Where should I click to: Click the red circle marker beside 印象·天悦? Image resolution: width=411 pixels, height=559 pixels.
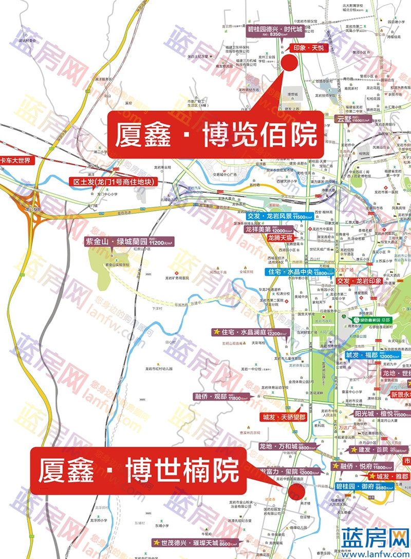[289, 63]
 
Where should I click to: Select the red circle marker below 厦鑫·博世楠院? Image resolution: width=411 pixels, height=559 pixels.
[296, 491]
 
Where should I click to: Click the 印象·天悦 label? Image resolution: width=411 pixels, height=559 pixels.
[306, 48]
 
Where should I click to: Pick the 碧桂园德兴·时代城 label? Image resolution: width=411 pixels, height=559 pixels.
[276, 31]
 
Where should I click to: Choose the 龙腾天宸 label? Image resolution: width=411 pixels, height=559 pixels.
[280, 238]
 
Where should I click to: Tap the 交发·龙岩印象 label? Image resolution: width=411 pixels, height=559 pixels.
[359, 281]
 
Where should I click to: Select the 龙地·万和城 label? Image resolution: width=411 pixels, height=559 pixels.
[284, 447]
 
